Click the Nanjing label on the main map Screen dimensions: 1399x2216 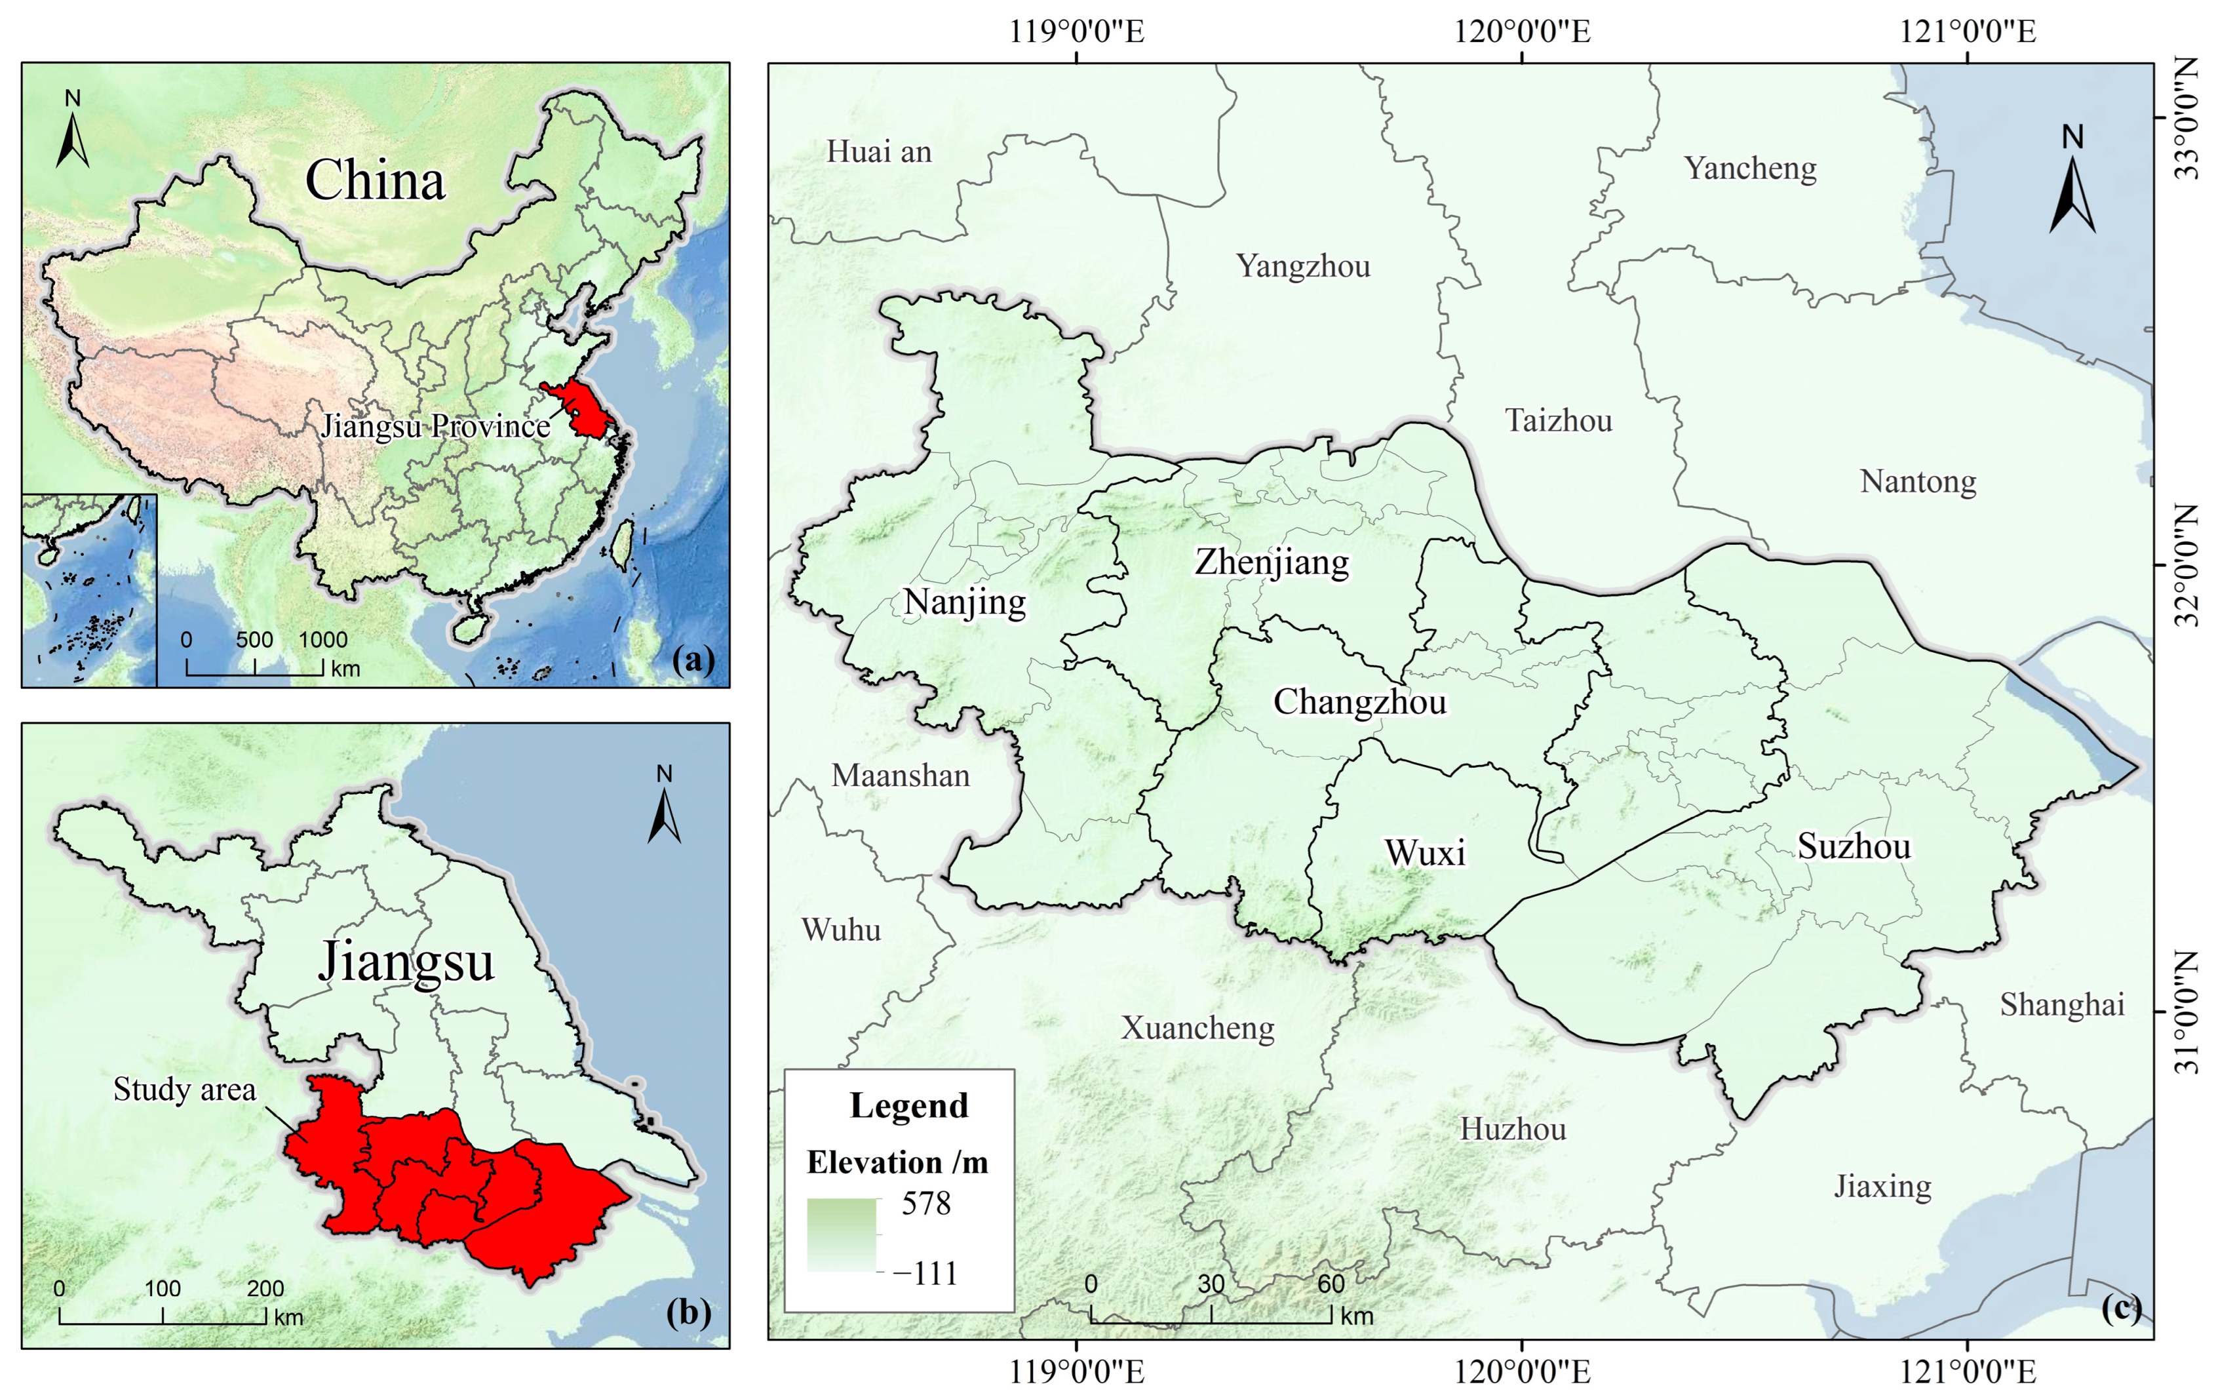(964, 603)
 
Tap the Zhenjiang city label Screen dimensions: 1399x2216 (1272, 562)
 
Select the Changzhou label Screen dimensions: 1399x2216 (1359, 702)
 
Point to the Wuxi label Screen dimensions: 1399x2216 (1425, 853)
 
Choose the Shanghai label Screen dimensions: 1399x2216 (2061, 1005)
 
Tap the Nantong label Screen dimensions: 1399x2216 (1918, 481)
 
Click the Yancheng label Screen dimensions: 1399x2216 (1751, 168)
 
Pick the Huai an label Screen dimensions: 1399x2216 (879, 152)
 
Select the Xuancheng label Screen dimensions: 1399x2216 (1197, 1028)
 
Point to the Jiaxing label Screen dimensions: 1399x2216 (1883, 1187)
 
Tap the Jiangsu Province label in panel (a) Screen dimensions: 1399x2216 (435, 426)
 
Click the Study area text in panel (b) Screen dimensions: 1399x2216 (184, 1090)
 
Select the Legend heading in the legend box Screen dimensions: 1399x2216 (908, 1105)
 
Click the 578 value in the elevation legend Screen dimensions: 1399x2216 (925, 1203)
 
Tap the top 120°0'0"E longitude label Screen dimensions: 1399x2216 (1521, 31)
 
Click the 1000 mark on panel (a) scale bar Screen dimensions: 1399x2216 (323, 640)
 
